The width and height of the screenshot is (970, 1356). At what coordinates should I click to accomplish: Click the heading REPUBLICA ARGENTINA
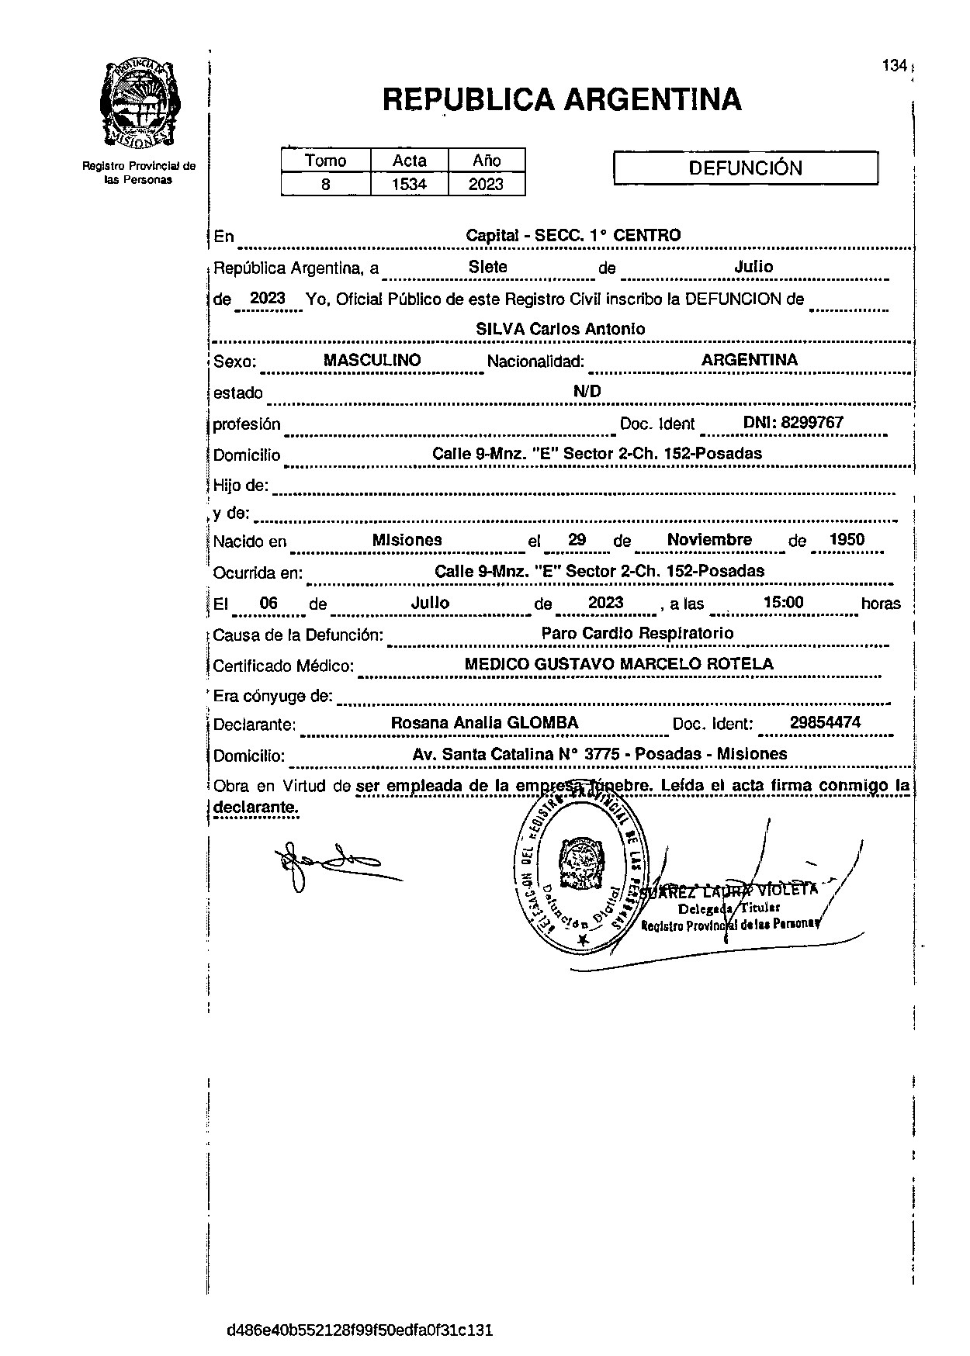pyautogui.click(x=562, y=100)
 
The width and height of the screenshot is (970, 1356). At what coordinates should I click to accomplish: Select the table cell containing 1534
pyautogui.click(x=409, y=184)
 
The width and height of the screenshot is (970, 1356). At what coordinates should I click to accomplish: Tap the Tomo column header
pyautogui.click(x=325, y=161)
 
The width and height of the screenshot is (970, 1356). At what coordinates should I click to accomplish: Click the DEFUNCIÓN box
pyautogui.click(x=745, y=168)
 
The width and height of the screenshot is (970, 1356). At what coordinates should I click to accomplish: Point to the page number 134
pyautogui.click(x=894, y=66)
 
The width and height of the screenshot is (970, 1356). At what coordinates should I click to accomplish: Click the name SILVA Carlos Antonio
pyautogui.click(x=559, y=329)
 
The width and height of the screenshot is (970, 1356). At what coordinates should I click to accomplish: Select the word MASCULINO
pyautogui.click(x=372, y=360)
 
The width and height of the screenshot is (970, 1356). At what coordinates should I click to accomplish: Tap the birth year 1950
pyautogui.click(x=847, y=540)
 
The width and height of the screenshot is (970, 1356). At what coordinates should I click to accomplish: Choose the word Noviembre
pyautogui.click(x=709, y=540)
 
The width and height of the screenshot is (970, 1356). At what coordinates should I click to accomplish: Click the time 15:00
pyautogui.click(x=783, y=603)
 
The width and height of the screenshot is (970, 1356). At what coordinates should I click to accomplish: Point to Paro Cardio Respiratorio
pyautogui.click(x=637, y=633)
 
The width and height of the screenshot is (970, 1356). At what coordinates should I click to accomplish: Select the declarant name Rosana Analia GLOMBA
pyautogui.click(x=484, y=723)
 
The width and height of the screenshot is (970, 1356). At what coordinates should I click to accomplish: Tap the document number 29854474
pyautogui.click(x=825, y=723)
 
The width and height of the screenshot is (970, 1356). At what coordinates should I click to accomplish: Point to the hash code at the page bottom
pyautogui.click(x=359, y=1330)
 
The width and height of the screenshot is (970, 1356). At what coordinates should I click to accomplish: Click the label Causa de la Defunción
pyautogui.click(x=298, y=635)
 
